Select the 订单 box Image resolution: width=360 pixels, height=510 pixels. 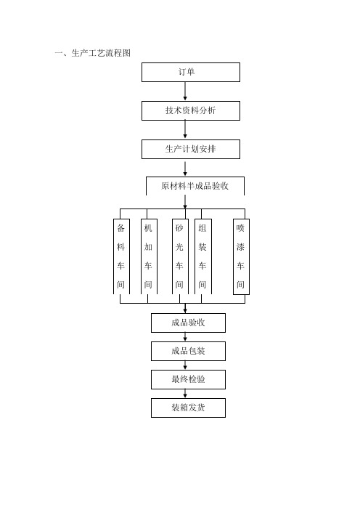click(191, 72)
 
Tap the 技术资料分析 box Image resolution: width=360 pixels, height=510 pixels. click(191, 110)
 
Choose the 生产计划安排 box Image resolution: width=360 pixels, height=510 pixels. click(191, 149)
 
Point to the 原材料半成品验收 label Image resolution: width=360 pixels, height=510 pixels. click(195, 186)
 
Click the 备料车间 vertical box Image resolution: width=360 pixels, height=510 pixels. click(121, 256)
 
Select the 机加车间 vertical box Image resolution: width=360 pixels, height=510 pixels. click(149, 256)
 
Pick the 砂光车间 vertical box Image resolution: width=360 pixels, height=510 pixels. click(180, 256)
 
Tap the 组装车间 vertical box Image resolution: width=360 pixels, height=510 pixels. click(203, 256)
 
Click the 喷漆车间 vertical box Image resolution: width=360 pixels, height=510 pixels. click(241, 256)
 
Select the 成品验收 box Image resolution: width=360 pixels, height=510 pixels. click(188, 323)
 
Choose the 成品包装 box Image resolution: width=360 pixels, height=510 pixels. click(188, 351)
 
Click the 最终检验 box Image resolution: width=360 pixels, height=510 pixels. click(188, 379)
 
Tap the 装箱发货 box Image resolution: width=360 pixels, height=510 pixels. click(188, 408)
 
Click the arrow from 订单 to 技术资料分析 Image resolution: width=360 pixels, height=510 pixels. click(185, 92)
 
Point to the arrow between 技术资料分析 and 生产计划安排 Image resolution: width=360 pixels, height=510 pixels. click(185, 130)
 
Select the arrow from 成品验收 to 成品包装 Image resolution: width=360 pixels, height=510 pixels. click(185, 337)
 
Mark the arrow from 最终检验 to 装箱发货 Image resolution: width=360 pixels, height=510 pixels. click(185, 394)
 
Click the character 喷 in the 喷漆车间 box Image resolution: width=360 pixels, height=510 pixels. click(240, 228)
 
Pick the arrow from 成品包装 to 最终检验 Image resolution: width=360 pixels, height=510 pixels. click(185, 365)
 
